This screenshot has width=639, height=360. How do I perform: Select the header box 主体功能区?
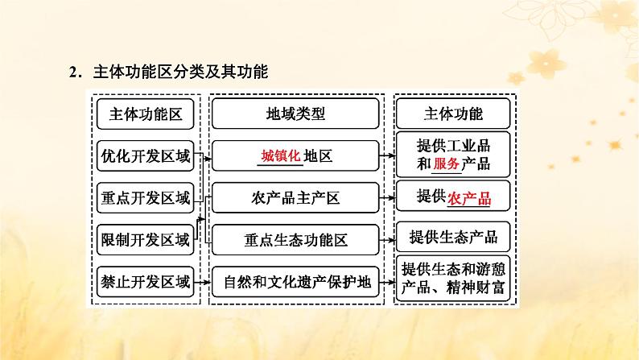pos(146,114)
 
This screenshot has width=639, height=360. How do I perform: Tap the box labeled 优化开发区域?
pos(146,156)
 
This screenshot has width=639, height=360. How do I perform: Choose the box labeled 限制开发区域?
pos(146,239)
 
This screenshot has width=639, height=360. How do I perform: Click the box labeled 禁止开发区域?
pos(146,281)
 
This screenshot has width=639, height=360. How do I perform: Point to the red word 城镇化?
pos(280,155)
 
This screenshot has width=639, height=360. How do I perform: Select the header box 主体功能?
pos(453,114)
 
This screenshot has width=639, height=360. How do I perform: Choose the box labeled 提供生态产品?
pos(453,237)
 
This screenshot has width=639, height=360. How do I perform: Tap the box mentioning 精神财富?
pos(453,279)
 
